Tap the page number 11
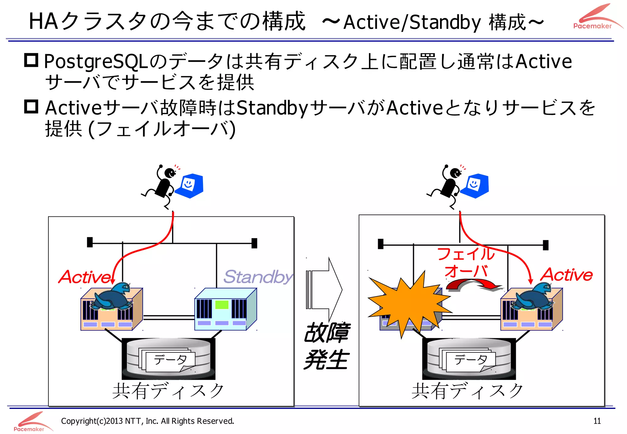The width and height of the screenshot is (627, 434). tap(597, 421)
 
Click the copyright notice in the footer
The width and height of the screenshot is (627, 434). tap(147, 421)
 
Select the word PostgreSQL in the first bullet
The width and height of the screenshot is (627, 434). tap(96, 62)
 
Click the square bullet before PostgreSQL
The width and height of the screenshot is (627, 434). tap(31, 60)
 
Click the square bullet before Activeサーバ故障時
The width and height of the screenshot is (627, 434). tap(31, 107)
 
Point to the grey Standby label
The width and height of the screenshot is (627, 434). tap(258, 277)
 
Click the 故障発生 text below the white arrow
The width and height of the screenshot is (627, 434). tap(326, 346)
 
